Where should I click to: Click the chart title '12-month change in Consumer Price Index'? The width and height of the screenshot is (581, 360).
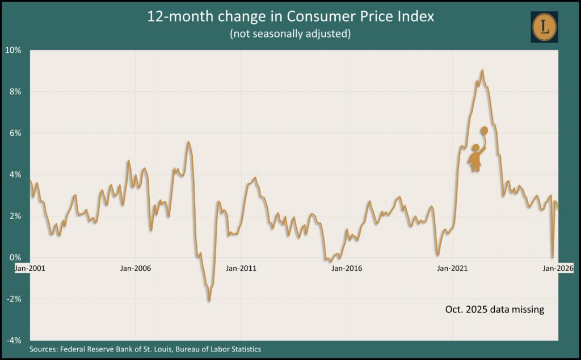(x=290, y=16)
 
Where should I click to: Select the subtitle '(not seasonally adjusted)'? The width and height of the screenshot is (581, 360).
(x=290, y=34)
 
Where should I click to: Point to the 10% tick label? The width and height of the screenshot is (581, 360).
(x=14, y=50)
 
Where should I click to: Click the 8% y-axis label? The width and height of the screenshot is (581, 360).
(x=15, y=91)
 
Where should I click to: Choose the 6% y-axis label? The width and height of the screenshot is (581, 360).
(x=15, y=133)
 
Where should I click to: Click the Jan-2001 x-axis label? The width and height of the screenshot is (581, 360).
(x=30, y=268)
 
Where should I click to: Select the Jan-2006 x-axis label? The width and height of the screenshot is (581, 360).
(x=136, y=268)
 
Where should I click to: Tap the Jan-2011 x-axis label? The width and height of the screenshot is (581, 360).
(x=241, y=268)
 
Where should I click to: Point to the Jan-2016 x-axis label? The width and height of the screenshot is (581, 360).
(x=347, y=268)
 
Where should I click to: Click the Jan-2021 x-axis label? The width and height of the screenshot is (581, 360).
(x=452, y=268)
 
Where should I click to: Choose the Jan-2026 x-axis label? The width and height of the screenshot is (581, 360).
(x=558, y=268)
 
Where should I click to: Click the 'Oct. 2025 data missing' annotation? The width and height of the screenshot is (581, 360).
(x=494, y=310)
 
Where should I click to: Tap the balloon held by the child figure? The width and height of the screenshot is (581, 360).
(x=484, y=131)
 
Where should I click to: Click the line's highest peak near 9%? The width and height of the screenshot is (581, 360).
(x=482, y=70)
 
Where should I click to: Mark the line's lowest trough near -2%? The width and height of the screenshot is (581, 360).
(x=209, y=300)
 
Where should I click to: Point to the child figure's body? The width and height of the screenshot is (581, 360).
(x=475, y=159)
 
